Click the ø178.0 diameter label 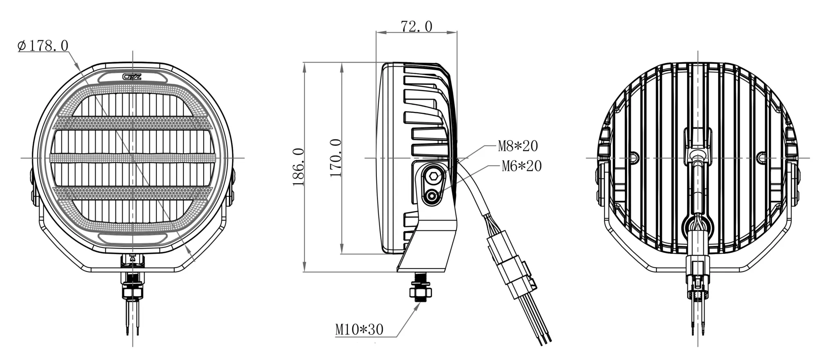pyautogui.click(x=43, y=46)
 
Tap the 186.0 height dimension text pyautogui.click(x=299, y=167)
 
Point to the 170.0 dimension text pyautogui.click(x=335, y=158)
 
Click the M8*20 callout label pyautogui.click(x=518, y=146)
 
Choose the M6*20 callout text pyautogui.click(x=521, y=166)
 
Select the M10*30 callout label pyautogui.click(x=359, y=329)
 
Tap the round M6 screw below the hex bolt pyautogui.click(x=431, y=198)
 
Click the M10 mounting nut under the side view pyautogui.click(x=421, y=292)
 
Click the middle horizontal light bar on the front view pyautogui.click(x=133, y=158)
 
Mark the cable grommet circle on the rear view pyautogui.click(x=698, y=226)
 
